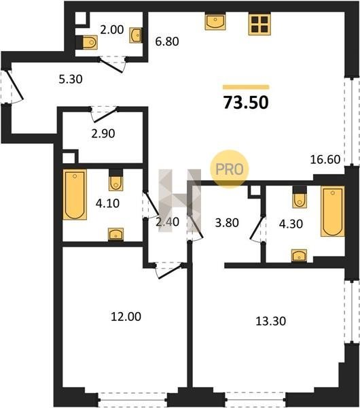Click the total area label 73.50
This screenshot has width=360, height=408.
(246, 103)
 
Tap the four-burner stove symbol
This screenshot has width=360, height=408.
(259, 24)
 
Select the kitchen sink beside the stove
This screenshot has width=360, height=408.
(215, 22)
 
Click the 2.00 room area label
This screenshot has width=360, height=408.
(112, 30)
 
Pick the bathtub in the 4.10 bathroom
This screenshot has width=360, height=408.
(75, 194)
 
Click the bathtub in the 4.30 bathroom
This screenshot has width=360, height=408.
(333, 211)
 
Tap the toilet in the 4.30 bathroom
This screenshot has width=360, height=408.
(300, 200)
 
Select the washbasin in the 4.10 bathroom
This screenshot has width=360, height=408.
(115, 234)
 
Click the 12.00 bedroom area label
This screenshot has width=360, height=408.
(126, 317)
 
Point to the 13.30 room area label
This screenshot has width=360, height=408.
(271, 321)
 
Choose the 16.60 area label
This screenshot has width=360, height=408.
(325, 159)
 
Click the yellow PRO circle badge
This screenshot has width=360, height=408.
(230, 169)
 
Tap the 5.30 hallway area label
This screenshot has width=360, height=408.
(71, 79)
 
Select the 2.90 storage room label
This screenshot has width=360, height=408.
(103, 134)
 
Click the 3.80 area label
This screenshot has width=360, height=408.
(227, 223)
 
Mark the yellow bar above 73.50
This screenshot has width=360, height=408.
(246, 87)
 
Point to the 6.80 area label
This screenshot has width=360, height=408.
(167, 41)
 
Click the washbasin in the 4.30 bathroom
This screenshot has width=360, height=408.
(299, 255)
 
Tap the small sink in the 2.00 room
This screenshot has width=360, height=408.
(135, 35)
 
